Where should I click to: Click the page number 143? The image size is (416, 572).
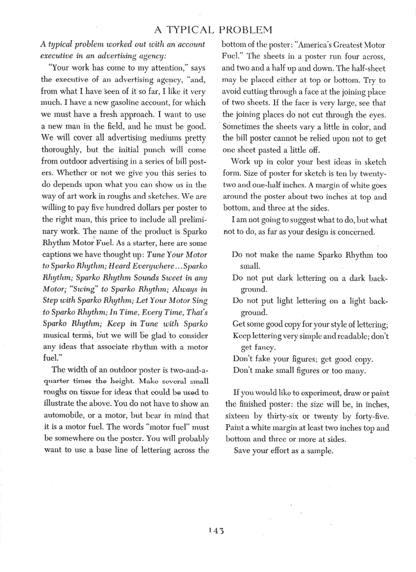pyautogui.click(x=216, y=531)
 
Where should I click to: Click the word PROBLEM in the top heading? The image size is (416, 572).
pyautogui.click(x=245, y=30)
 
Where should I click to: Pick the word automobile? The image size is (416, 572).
pyautogui.click(x=64, y=414)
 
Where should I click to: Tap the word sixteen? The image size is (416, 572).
pyautogui.click(x=238, y=416)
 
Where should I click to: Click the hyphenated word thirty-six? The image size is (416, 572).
pyautogui.click(x=281, y=416)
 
